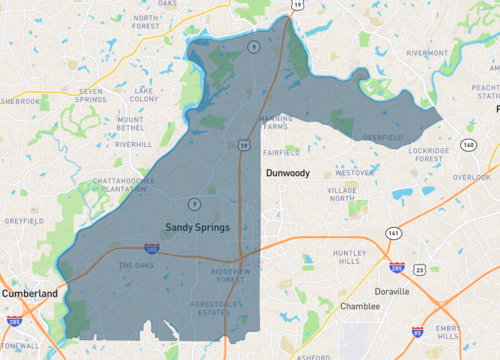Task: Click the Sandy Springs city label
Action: coord(197,228)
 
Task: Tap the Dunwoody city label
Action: coord(288,173)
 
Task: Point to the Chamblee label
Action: coord(360,306)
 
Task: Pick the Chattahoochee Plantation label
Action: coord(120,185)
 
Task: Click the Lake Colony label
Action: coord(144,95)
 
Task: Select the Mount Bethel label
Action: coord(130,125)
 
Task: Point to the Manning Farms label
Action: coord(275,123)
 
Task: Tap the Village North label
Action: coord(342,194)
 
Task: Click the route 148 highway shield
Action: coord(468,146)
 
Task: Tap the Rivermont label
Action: coord(427,53)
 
